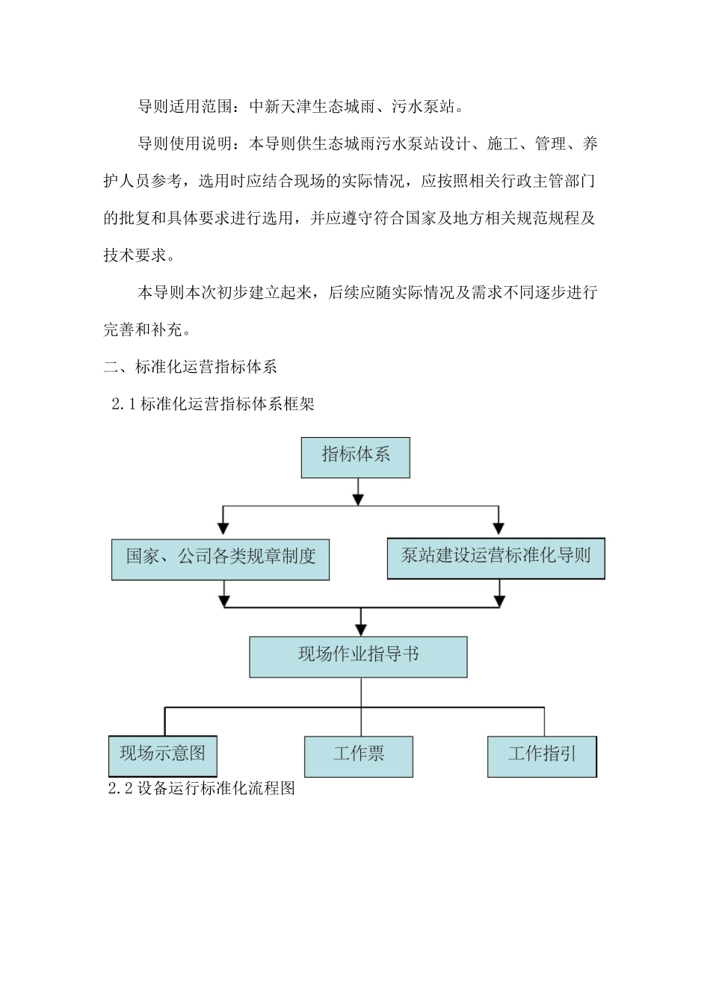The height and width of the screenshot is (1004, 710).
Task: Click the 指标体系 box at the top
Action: pyautogui.click(x=356, y=457)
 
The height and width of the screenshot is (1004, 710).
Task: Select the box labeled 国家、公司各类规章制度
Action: pyautogui.click(x=220, y=559)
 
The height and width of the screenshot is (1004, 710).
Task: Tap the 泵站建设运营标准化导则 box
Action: pyautogui.click(x=496, y=558)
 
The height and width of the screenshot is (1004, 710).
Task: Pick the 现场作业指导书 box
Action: pyautogui.click(x=358, y=657)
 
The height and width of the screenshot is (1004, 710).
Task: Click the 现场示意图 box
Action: pyautogui.click(x=163, y=754)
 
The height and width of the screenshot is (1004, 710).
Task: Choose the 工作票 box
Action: pyautogui.click(x=359, y=756)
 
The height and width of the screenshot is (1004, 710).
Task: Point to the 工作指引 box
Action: pyautogui.click(x=542, y=756)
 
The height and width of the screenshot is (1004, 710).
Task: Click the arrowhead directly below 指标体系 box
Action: pyautogui.click(x=359, y=498)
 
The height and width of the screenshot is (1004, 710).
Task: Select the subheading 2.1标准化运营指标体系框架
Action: pyautogui.click(x=213, y=404)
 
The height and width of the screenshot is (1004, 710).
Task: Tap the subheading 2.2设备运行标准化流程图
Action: pyautogui.click(x=202, y=789)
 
